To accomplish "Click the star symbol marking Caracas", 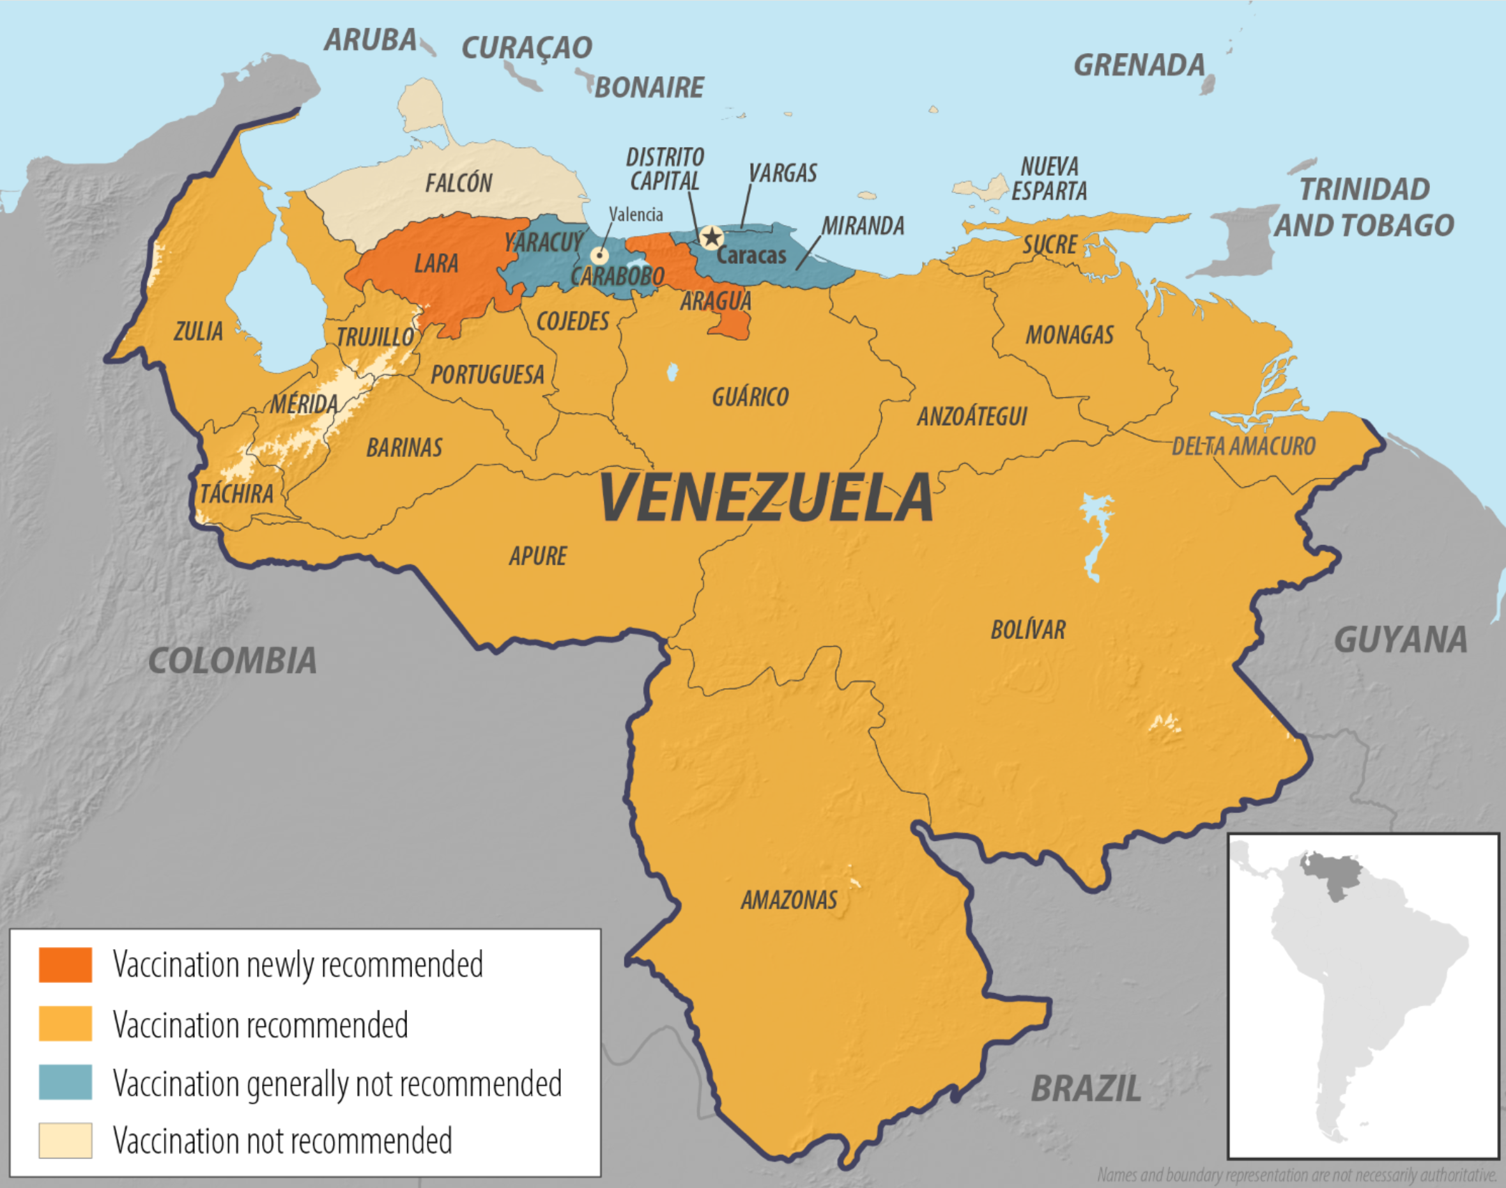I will click(x=711, y=238).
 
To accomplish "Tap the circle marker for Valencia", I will click(x=599, y=254).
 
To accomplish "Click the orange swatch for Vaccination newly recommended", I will click(x=65, y=965).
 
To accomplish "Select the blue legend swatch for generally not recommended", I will click(x=65, y=1083).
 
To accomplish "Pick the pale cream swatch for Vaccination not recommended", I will click(x=65, y=1141).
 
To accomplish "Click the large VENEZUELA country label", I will click(x=765, y=498).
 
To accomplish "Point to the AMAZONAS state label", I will click(x=788, y=900).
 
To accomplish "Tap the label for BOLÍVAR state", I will click(x=1027, y=630).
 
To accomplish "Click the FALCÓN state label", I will click(x=459, y=183).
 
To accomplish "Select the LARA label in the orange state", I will click(x=436, y=264).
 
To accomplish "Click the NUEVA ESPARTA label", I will click(x=1049, y=179).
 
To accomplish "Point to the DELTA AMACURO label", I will click(x=1243, y=447).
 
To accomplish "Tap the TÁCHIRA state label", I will click(x=236, y=495).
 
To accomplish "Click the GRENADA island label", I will click(x=1139, y=65).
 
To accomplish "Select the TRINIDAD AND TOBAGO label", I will click(x=1364, y=207).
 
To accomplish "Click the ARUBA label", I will click(x=371, y=40).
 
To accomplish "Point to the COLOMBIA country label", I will click(x=232, y=661).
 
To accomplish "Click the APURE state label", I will click(x=537, y=557).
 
